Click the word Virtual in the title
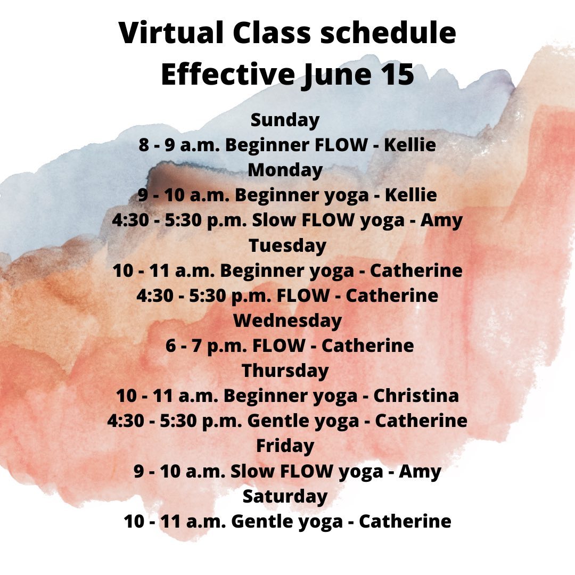[171, 32]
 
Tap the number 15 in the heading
[397, 75]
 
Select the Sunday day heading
[285, 120]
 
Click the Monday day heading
[285, 170]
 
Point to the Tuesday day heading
[287, 245]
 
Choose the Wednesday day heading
[287, 321]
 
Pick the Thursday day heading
[285, 371]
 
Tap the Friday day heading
[285, 446]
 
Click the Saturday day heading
[285, 497]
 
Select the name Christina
[416, 396]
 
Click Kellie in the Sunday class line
[409, 145]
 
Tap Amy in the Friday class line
[420, 472]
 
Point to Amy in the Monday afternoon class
[441, 221]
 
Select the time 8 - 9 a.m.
[179, 145]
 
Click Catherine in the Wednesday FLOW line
[367, 346]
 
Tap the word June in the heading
[336, 76]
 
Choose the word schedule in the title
[388, 32]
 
